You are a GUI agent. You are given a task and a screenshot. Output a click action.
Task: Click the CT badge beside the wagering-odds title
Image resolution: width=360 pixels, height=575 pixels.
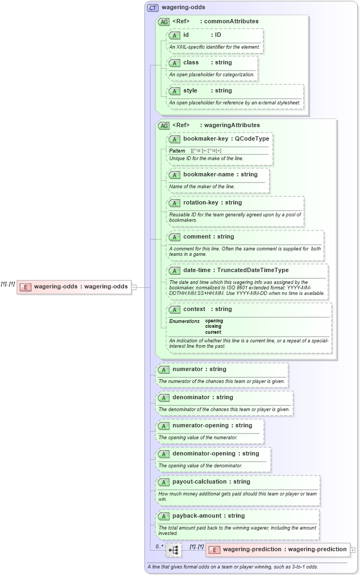(153, 8)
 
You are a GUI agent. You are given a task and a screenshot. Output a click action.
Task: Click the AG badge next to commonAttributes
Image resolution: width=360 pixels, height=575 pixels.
(163, 22)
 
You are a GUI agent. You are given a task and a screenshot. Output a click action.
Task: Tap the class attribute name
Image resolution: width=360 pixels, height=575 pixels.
(191, 63)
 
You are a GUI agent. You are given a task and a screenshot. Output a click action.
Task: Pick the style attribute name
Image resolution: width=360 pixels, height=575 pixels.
(190, 91)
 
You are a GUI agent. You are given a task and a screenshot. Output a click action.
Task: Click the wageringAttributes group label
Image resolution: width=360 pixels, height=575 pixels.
(232, 125)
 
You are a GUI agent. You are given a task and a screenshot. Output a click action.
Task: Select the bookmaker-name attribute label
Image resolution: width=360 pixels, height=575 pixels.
(208, 175)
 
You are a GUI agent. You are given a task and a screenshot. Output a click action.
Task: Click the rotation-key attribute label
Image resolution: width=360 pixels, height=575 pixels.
(200, 203)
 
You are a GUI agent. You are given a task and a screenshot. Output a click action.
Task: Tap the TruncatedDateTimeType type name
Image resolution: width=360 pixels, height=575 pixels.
(253, 270)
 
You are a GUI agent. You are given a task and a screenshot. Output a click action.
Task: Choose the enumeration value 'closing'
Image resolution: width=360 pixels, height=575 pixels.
(213, 327)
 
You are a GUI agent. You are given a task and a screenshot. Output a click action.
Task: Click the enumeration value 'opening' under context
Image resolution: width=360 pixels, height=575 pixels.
(214, 321)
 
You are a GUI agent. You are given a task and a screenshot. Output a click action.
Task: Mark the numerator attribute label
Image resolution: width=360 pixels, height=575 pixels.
(187, 369)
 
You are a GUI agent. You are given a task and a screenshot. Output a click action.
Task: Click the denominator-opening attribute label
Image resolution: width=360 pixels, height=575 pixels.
(200, 454)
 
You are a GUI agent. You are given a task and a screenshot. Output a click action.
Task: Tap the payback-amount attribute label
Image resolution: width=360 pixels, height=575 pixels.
(197, 516)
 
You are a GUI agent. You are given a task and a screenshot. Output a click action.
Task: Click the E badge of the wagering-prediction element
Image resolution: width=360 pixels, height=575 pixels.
(214, 550)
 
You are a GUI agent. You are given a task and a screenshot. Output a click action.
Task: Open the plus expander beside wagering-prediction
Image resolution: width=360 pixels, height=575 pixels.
(353, 550)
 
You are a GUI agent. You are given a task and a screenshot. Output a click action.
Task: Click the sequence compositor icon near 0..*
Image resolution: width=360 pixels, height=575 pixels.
(173, 550)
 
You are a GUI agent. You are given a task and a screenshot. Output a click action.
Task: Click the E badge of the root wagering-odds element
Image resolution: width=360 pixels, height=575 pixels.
(25, 287)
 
